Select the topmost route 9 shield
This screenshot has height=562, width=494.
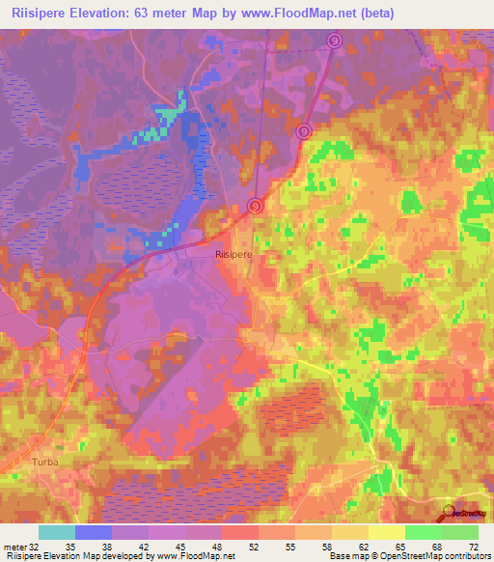point(335,42)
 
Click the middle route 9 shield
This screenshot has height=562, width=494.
point(304,131)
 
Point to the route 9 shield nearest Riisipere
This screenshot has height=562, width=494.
point(255,205)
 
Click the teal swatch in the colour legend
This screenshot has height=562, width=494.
point(56,532)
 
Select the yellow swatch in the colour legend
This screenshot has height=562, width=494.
point(387,532)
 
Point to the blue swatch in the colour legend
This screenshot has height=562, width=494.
point(93,532)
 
